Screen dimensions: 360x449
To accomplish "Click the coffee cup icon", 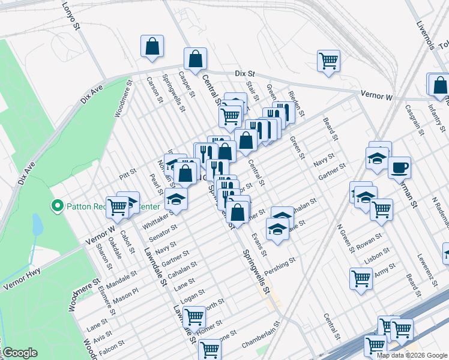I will [x=399, y=168].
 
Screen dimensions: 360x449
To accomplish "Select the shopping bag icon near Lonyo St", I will [x=152, y=46].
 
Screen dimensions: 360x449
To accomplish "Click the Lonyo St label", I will [x=71, y=16].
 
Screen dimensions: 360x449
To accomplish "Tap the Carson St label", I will [x=154, y=89].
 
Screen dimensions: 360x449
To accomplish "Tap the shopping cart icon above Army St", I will [x=361, y=277].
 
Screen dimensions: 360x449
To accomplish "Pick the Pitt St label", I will [x=128, y=174].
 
